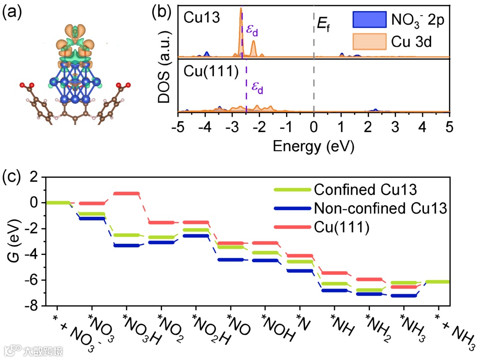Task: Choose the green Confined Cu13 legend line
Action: (291, 190)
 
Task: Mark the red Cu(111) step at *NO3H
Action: (126, 193)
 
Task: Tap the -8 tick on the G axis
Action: (35, 306)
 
